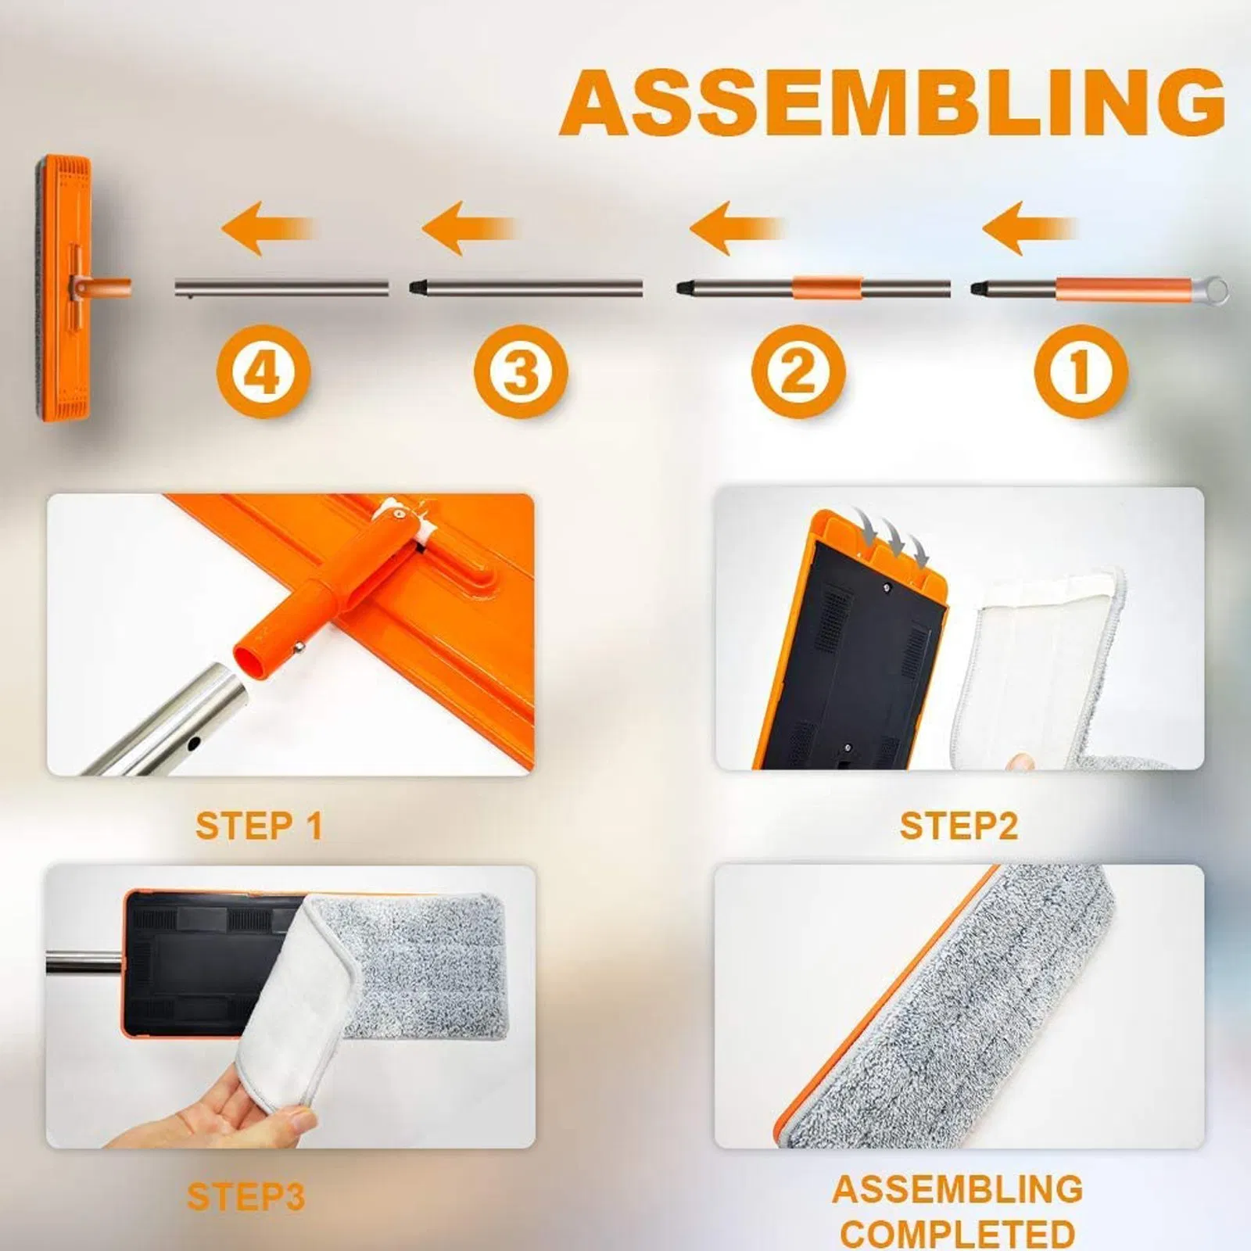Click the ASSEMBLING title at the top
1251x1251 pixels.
click(892, 102)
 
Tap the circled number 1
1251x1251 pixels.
click(1081, 371)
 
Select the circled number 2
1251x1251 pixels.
click(798, 371)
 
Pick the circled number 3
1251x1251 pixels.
click(520, 371)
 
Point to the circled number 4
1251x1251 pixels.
click(263, 371)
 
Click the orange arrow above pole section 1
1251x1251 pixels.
click(1028, 228)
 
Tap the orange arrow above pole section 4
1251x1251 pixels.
click(267, 228)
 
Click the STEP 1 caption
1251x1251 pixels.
click(259, 826)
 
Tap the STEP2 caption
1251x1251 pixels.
click(959, 826)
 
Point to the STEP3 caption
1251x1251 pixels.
click(246, 1197)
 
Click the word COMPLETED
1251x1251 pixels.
click(958, 1234)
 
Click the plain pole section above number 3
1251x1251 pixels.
click(525, 288)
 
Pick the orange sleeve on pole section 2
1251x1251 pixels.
click(827, 287)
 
